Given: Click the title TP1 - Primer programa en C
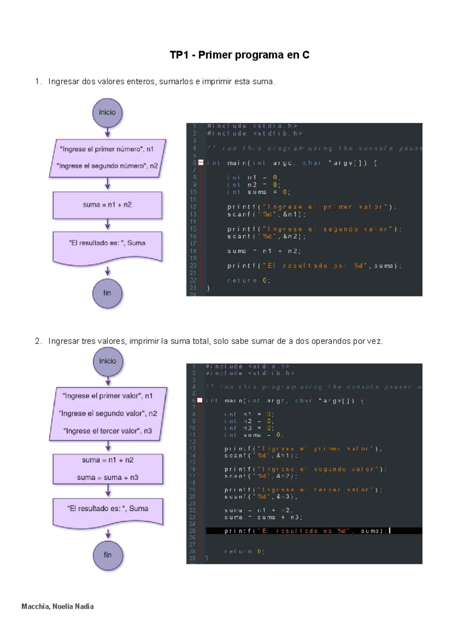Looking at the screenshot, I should [x=240, y=55].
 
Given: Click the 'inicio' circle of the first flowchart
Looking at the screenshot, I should [x=107, y=113].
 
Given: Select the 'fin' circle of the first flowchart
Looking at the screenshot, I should [x=107, y=293].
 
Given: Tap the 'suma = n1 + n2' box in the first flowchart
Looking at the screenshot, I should [x=107, y=205].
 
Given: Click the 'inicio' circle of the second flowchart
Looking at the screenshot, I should [x=108, y=361].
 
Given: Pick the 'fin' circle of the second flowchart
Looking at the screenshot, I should [x=108, y=555].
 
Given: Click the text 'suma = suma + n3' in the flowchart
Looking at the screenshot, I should [x=108, y=478].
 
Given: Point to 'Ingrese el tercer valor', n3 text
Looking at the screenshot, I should [x=108, y=431].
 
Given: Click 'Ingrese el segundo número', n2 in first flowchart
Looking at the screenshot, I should [x=107, y=166].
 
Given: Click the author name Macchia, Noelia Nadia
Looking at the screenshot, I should [x=58, y=607].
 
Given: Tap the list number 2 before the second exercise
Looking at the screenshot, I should [x=38, y=341].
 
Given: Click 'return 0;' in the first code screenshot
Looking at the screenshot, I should [x=249, y=281].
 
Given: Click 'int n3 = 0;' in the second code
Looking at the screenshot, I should [x=249, y=428].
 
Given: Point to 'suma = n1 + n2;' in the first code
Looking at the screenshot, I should [x=264, y=251].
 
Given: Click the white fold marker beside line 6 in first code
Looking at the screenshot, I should [x=201, y=163].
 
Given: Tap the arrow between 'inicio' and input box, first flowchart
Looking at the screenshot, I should [x=107, y=133].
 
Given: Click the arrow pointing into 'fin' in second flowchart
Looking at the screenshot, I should [x=108, y=534].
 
